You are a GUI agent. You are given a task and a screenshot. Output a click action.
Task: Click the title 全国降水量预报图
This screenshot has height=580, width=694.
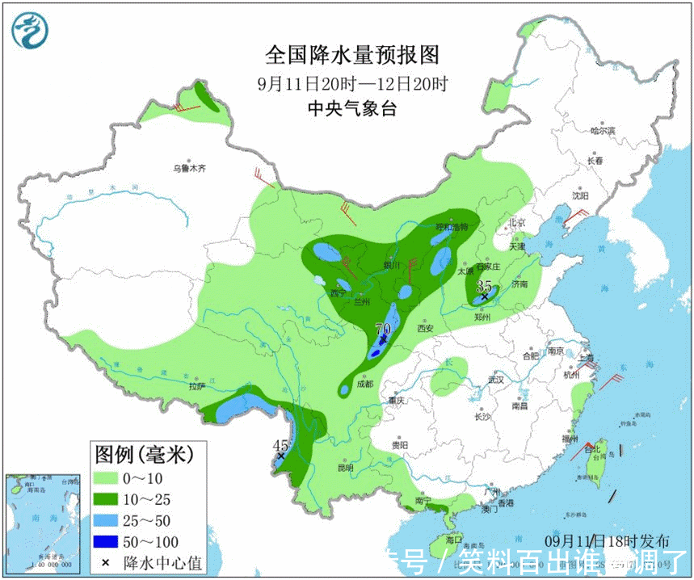coord(352,55)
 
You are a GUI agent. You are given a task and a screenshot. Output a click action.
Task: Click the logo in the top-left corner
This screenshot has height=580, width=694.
coord(30,30)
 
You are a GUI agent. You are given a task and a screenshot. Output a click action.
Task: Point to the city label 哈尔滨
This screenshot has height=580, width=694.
coord(602,130)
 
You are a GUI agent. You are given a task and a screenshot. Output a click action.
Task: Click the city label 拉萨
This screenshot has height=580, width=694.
coord(198,386)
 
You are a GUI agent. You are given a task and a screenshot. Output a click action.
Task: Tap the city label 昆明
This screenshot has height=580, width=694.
coord(345,467)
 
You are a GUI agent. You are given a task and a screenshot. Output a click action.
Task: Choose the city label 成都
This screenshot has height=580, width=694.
coord(364,385)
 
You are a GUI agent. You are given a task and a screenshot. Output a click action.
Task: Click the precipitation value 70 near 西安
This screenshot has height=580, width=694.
coord(382,330)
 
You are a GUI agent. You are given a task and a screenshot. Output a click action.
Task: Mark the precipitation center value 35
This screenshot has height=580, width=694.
coord(484,286)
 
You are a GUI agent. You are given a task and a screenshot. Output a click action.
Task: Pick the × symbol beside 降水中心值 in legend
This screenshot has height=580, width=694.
coord(105,561)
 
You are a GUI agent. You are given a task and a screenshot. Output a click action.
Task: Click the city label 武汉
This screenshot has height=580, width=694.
coord(494,380)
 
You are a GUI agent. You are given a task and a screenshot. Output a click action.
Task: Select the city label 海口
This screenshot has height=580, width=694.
coord(453,540)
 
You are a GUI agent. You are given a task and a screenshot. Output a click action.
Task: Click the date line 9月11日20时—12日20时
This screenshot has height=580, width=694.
coord(352,83)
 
